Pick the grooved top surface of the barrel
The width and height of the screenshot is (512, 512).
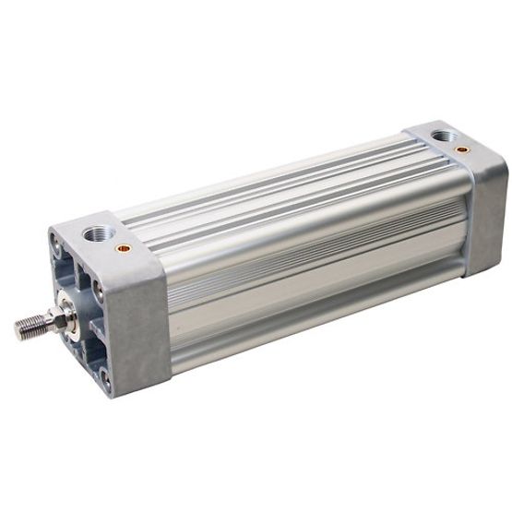point(277,185)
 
